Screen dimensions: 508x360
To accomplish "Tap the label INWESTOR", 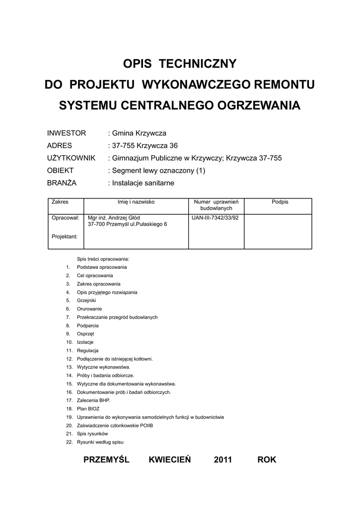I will [x=67, y=133].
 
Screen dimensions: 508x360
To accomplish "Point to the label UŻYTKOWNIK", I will [x=71, y=158].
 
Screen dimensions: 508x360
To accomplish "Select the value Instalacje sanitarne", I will [x=143, y=183].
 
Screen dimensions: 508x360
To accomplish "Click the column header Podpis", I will [x=280, y=202].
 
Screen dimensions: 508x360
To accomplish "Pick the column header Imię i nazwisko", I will [x=136, y=202].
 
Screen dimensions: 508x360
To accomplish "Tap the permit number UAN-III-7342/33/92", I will [x=215, y=218].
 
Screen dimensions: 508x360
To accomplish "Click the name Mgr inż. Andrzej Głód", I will [x=114, y=218].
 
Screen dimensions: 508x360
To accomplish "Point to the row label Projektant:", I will [x=65, y=237].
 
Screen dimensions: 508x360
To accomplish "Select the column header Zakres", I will [x=60, y=202].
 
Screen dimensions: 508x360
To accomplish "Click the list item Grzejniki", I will [x=86, y=301].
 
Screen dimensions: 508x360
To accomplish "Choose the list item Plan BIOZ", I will [x=88, y=409].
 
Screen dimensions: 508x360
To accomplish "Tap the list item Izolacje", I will [x=85, y=342].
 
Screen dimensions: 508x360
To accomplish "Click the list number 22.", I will [x=69, y=442].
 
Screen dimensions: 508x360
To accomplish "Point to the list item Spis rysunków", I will [x=92, y=434].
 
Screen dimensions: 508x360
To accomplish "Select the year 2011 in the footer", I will [x=223, y=460].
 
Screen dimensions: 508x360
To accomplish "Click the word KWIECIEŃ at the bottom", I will [x=169, y=460].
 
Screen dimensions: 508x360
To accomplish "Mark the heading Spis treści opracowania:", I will [x=103, y=259].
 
